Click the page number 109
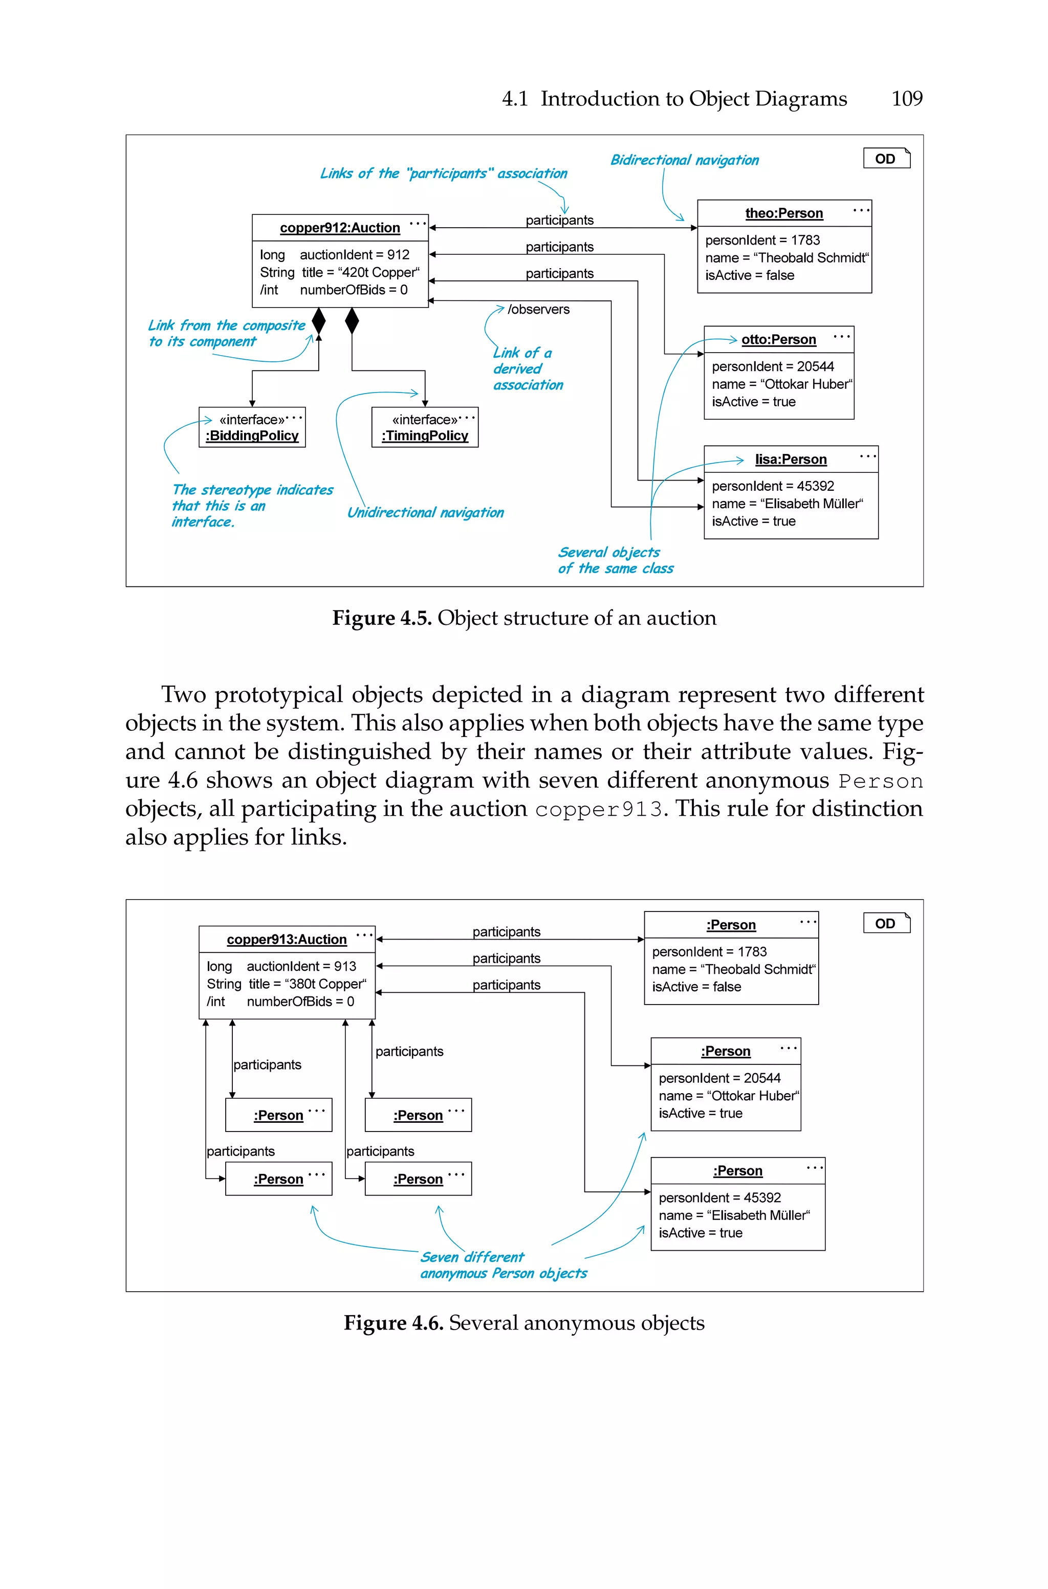click(x=906, y=99)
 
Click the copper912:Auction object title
click(x=340, y=228)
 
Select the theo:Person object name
click(x=784, y=213)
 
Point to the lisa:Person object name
click(x=791, y=459)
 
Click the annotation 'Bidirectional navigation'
click(x=684, y=160)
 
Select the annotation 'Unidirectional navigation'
click(x=425, y=512)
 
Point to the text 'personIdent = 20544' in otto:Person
click(x=773, y=366)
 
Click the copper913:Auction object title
click(x=286, y=940)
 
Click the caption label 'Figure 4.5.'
click(x=382, y=618)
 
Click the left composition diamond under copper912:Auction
click(x=319, y=321)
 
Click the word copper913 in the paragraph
click(x=598, y=809)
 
